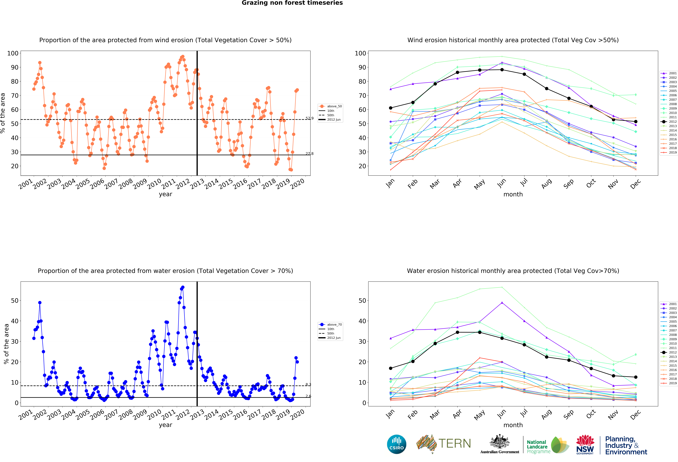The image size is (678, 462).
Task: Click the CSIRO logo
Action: (x=396, y=444)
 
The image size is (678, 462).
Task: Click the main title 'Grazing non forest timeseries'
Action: (x=292, y=3)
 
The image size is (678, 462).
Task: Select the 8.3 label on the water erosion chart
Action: (x=308, y=384)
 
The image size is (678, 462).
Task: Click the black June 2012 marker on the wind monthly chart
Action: (x=502, y=70)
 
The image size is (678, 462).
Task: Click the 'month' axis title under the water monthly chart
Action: (x=513, y=425)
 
